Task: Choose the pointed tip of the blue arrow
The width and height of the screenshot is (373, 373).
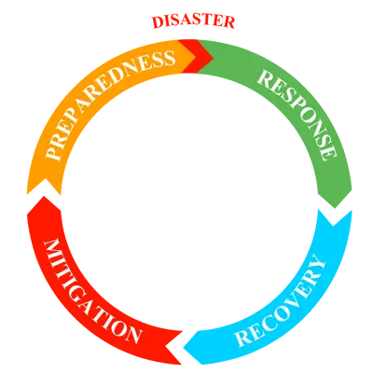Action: tap(182, 352)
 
